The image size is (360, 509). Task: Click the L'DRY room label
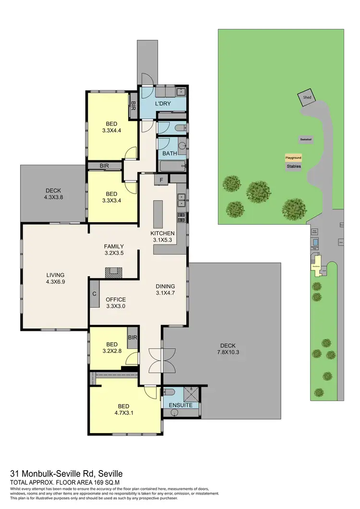coord(163,104)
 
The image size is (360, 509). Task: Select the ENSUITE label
coord(180,405)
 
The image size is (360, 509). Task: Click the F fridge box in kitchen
coord(161,180)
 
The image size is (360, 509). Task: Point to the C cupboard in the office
coord(95,294)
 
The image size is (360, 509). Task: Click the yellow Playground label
coord(293,158)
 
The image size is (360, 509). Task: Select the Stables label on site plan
coord(293,166)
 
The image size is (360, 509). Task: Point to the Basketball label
coord(306,139)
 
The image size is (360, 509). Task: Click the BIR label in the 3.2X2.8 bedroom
coord(132,338)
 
